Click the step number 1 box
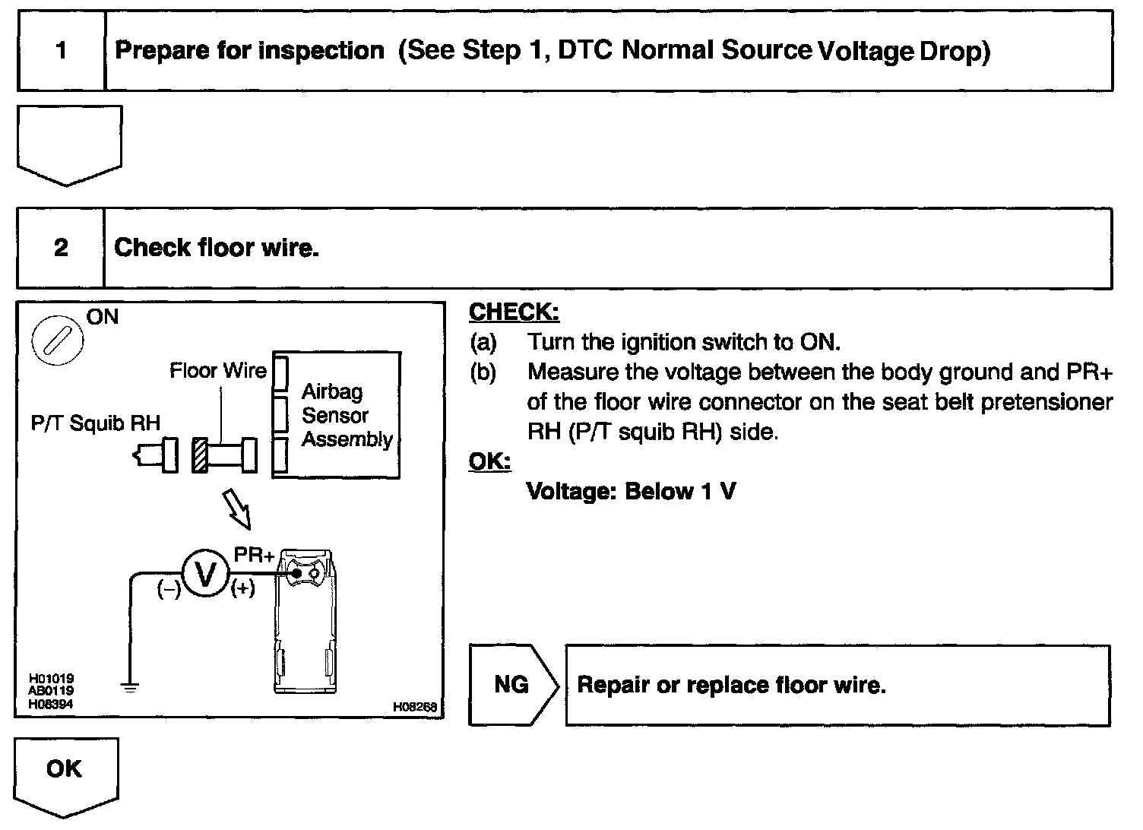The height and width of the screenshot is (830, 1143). (61, 51)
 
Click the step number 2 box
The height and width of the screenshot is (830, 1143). (61, 248)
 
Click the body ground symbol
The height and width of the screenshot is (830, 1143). (130, 688)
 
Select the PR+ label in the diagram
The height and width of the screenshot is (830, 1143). (254, 556)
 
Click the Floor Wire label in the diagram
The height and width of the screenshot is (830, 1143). (218, 371)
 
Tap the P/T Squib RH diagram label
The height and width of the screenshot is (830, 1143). (96, 423)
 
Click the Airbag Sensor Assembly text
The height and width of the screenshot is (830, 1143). (347, 416)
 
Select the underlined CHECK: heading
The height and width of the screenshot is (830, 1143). (514, 312)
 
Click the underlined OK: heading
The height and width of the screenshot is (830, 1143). (489, 461)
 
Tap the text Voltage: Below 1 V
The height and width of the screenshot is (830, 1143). (631, 492)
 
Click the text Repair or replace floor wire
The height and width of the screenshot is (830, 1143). (731, 686)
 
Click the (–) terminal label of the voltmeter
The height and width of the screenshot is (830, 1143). (168, 589)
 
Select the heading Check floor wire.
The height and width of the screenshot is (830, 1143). (216, 248)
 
